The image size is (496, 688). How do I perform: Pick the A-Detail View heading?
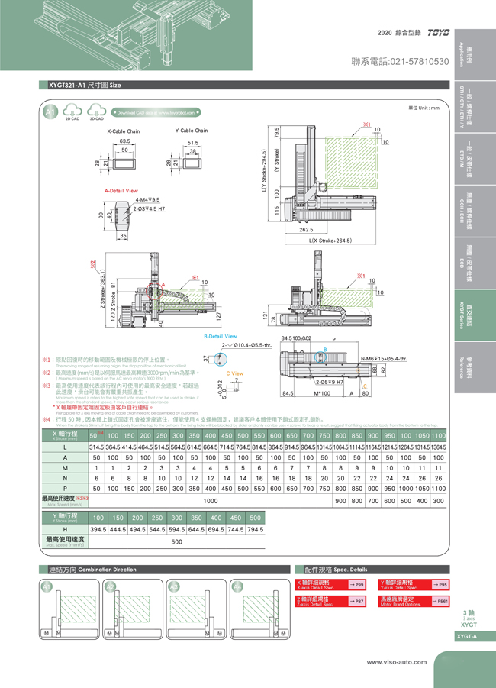(121, 190)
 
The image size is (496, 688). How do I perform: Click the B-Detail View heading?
(220, 336)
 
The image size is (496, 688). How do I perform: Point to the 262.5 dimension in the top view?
(308, 229)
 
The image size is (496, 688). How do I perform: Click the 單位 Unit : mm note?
(424, 108)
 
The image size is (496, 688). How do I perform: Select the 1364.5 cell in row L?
(438, 446)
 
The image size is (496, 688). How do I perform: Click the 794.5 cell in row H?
(255, 529)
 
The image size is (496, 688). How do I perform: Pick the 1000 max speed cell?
(211, 500)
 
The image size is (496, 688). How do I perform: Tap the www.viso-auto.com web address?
(396, 662)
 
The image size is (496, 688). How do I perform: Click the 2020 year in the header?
(385, 34)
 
